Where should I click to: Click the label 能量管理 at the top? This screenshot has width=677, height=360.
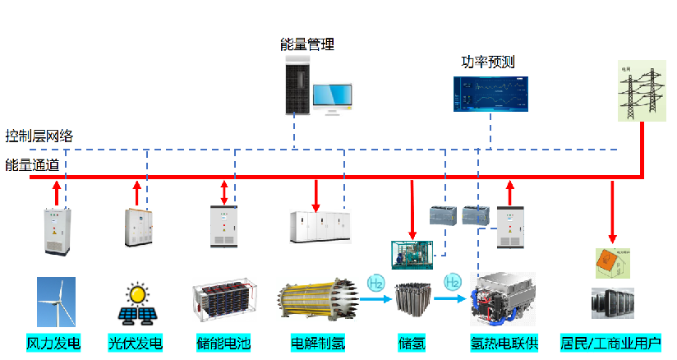(307, 44)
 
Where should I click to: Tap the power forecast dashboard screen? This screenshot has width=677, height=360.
(490, 95)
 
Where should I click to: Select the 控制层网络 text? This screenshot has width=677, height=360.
(39, 136)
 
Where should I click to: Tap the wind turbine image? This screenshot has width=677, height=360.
(55, 302)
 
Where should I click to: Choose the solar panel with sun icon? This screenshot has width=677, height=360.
(136, 303)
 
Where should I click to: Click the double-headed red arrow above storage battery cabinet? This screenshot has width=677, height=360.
(223, 192)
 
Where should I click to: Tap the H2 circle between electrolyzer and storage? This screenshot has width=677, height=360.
(375, 283)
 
